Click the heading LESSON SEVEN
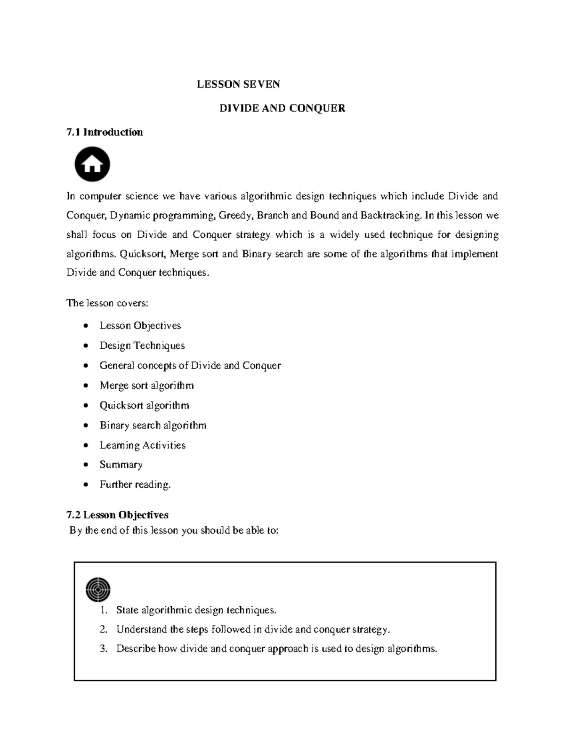[x=238, y=84]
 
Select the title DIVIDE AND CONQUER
[x=282, y=108]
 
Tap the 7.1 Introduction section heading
[x=105, y=132]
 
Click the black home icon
[x=92, y=165]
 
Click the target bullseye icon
[x=98, y=589]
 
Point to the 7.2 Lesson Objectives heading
[x=117, y=515]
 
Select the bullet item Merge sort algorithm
[x=146, y=386]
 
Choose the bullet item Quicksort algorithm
[x=144, y=405]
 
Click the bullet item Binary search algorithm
[x=153, y=426]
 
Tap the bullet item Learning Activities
[x=142, y=445]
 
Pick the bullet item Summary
[x=121, y=465]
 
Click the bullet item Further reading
[x=135, y=484]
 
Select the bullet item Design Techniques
[x=142, y=345]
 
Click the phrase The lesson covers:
[x=107, y=303]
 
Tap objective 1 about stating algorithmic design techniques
[x=196, y=610]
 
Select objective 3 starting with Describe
[x=276, y=649]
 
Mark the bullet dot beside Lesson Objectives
[x=85, y=326]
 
